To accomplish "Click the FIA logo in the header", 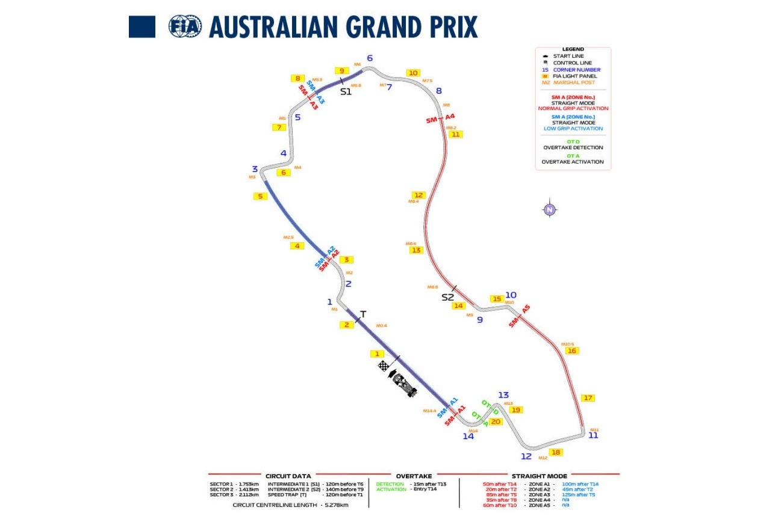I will coord(185,26).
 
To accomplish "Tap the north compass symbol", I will coord(549,210).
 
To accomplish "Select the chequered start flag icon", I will coord(384,366).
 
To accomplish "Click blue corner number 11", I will coord(593,435).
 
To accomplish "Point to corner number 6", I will coord(370,58).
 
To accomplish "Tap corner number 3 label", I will coord(255,169).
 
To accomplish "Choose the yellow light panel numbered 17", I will coord(588,398).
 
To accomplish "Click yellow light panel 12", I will coord(419,195).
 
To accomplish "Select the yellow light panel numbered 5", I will coord(260,196).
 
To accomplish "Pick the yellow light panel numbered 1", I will coord(377,354).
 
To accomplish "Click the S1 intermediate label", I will coord(346,92).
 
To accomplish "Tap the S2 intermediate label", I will coord(448,297).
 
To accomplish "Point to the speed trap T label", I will coord(363,314).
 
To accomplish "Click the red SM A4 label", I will coord(440,118).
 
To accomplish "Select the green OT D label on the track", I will coord(490,407).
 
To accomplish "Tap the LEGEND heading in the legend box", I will coord(573,49).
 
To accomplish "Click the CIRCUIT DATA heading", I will coord(288,476).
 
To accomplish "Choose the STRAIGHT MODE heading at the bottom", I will coord(539,476).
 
